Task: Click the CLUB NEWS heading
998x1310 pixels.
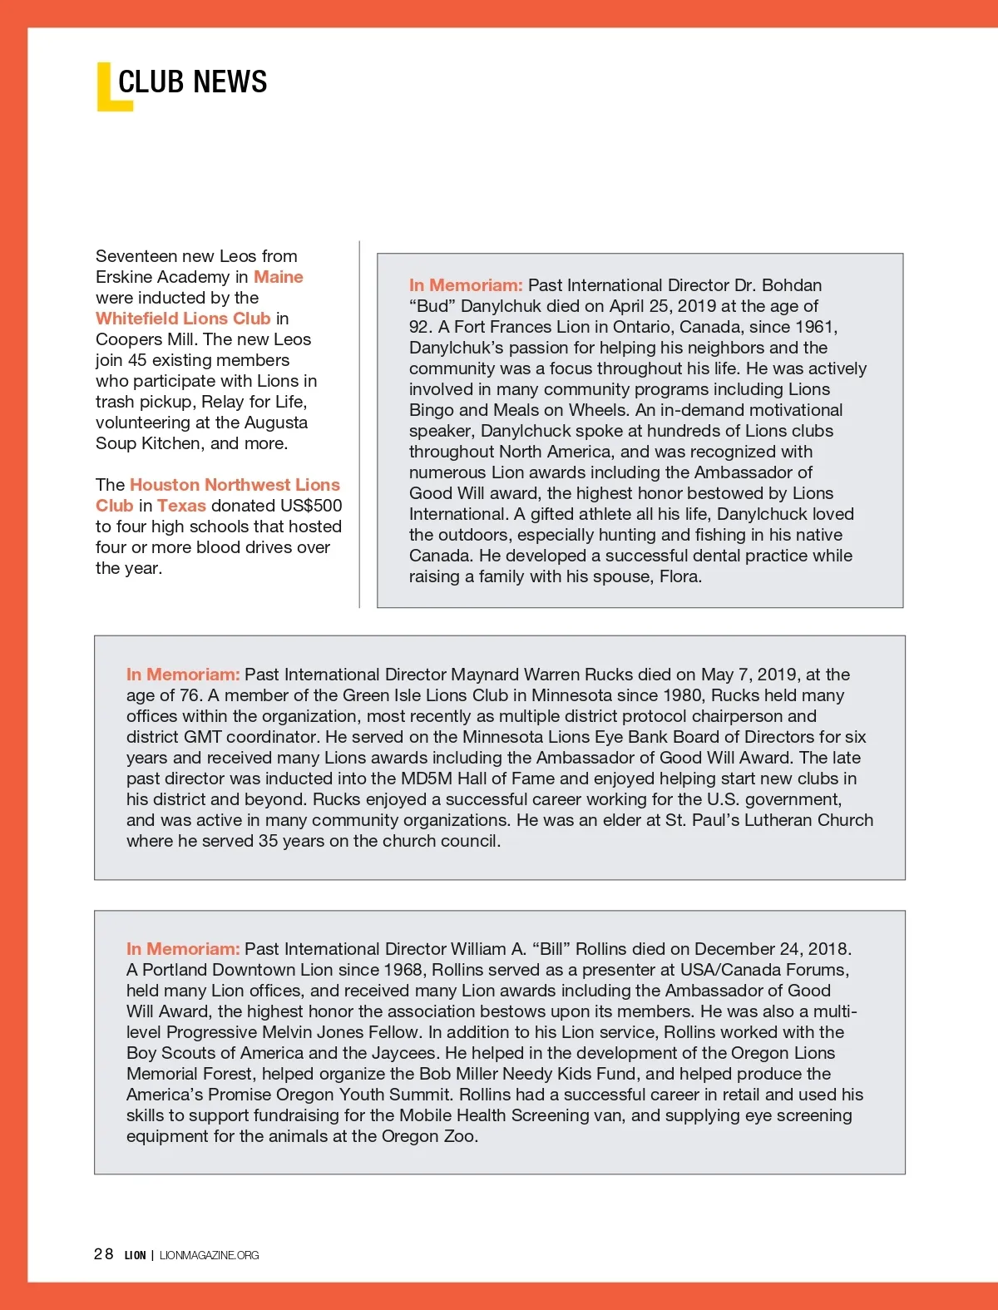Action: [x=192, y=82]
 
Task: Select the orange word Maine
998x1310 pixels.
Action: [x=278, y=277]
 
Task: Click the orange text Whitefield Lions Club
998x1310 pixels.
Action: [x=183, y=319]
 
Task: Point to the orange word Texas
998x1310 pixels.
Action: [x=181, y=506]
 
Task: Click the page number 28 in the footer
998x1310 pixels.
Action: [x=103, y=1254]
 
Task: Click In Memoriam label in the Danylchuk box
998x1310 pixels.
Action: [x=466, y=285]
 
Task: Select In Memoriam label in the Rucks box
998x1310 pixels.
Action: [x=183, y=675]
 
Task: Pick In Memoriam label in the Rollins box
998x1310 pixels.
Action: [x=183, y=949]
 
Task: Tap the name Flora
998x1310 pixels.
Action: [x=679, y=576]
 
